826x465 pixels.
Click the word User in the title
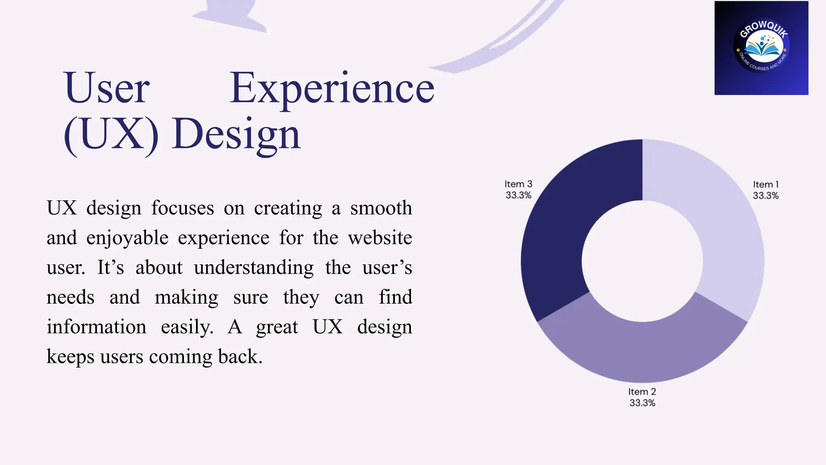tap(106, 88)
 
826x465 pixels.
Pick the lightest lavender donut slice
tap(722, 226)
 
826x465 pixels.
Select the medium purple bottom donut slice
tap(642, 351)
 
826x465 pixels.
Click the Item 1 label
tap(766, 184)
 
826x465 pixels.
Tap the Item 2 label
tap(642, 392)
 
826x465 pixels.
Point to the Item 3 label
tap(518, 184)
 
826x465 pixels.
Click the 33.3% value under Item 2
tap(642, 403)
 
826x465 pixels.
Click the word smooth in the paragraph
tap(381, 208)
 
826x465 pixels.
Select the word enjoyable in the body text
tap(127, 238)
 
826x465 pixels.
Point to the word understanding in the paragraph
tap(254, 268)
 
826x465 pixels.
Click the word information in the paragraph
tap(96, 327)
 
